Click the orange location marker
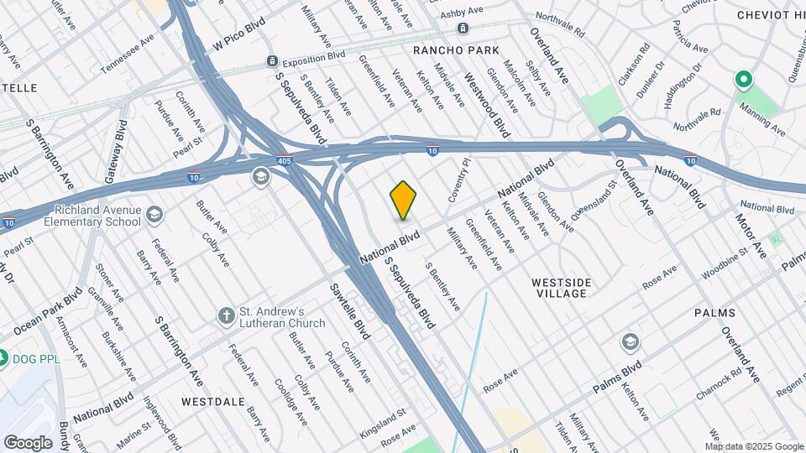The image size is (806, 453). pyautogui.click(x=403, y=200)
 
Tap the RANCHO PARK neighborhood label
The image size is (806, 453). pyautogui.click(x=456, y=50)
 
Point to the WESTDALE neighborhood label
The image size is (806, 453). pyautogui.click(x=207, y=401)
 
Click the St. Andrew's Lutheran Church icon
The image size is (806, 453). pyautogui.click(x=225, y=315)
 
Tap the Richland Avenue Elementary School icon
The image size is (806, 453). pyautogui.click(x=154, y=216)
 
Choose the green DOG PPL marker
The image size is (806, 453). pyautogui.click(x=4, y=358)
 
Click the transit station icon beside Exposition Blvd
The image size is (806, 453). pyautogui.click(x=272, y=61)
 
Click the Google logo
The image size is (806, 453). pyautogui.click(x=28, y=442)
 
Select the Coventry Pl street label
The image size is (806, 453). pyautogui.click(x=455, y=181)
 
